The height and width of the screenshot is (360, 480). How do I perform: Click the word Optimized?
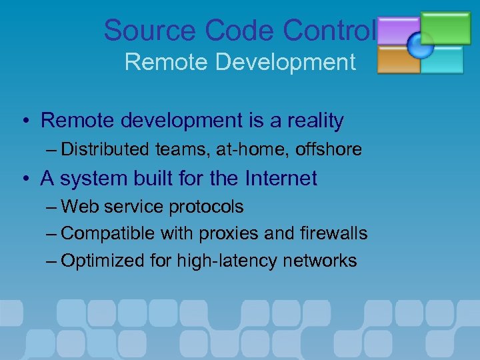coord(103,261)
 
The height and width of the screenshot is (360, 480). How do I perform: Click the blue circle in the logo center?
coord(421,45)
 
